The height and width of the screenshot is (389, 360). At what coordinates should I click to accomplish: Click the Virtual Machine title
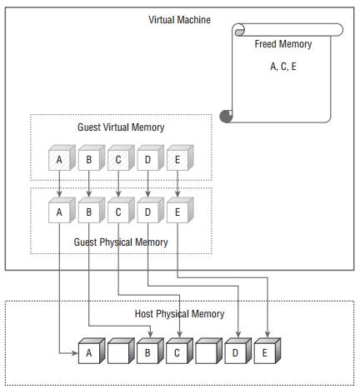pyautogui.click(x=179, y=20)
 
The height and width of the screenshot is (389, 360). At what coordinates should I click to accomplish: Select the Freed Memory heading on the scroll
pyautogui.click(x=282, y=44)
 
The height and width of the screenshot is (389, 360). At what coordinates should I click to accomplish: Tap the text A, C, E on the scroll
pyautogui.click(x=282, y=67)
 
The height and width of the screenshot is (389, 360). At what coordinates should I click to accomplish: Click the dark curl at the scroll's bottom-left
pyautogui.click(x=226, y=117)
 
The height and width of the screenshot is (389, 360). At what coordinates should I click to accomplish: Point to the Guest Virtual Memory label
pyautogui.click(x=121, y=127)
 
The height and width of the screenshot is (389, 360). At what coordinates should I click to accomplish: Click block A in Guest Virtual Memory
pyautogui.click(x=59, y=160)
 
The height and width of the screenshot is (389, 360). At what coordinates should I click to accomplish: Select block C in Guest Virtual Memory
pyautogui.click(x=118, y=160)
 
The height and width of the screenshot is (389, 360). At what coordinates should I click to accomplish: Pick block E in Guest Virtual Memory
pyautogui.click(x=177, y=160)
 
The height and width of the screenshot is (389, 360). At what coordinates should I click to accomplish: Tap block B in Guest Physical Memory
pyautogui.click(x=89, y=212)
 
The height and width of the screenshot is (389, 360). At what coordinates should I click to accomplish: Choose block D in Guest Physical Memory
pyautogui.click(x=147, y=212)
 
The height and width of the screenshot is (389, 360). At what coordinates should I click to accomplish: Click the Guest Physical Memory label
pyautogui.click(x=121, y=242)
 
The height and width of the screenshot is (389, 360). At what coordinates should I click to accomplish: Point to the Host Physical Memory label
pyautogui.click(x=179, y=314)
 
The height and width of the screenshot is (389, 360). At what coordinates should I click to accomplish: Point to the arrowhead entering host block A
pyautogui.click(x=72, y=354)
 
